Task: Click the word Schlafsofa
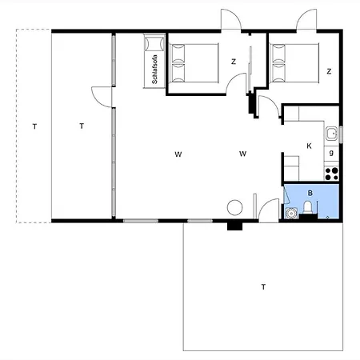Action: click(154, 70)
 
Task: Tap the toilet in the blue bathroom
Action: click(308, 207)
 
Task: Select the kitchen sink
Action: click(331, 134)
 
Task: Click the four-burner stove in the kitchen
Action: click(331, 174)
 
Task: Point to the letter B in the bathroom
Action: click(310, 193)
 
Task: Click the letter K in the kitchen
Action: click(309, 146)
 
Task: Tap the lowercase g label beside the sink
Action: click(331, 153)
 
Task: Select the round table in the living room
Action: click(235, 207)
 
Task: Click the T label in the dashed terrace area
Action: click(34, 126)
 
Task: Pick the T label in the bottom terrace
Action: click(263, 287)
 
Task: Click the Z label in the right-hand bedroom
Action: click(329, 71)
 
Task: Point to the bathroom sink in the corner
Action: click(291, 214)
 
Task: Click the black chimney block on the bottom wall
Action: click(234, 226)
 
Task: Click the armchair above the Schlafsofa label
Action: click(154, 42)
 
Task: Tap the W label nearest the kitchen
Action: click(242, 154)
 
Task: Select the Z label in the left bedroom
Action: click(234, 62)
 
